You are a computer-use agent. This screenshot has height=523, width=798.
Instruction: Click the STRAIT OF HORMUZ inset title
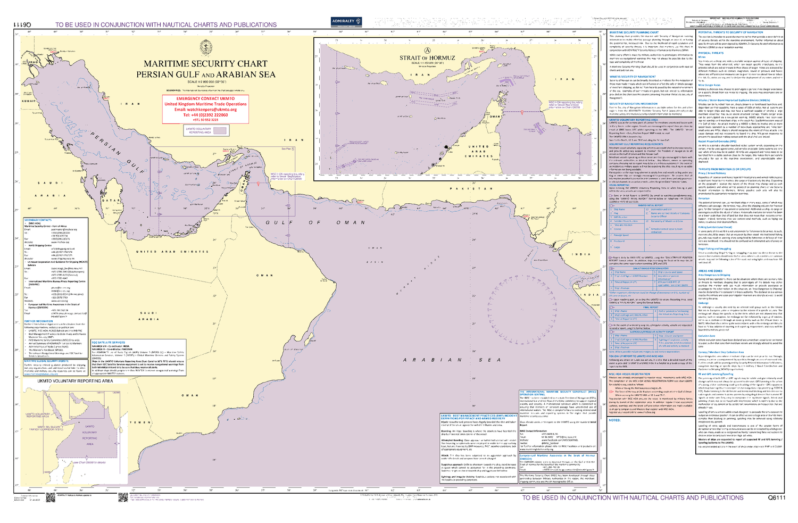coord(427,58)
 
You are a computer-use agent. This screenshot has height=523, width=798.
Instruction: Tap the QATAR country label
coord(111,201)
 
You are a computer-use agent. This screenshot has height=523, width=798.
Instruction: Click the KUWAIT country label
coord(29,101)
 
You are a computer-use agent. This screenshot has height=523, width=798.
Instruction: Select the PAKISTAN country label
coord(471,188)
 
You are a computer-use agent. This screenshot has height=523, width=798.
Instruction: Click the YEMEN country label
coord(140,422)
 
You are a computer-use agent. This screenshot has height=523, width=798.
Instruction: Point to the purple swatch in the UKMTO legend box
coord(220,130)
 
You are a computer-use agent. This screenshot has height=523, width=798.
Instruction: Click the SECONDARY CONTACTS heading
coord(38,220)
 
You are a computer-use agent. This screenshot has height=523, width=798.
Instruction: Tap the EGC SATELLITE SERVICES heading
coord(108,343)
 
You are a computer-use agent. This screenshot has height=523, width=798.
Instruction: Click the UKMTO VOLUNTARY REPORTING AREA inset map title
coord(75,381)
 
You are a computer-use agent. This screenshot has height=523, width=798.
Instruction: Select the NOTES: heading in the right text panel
coord(614,420)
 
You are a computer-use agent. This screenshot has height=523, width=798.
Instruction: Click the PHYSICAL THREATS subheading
coord(711,53)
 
